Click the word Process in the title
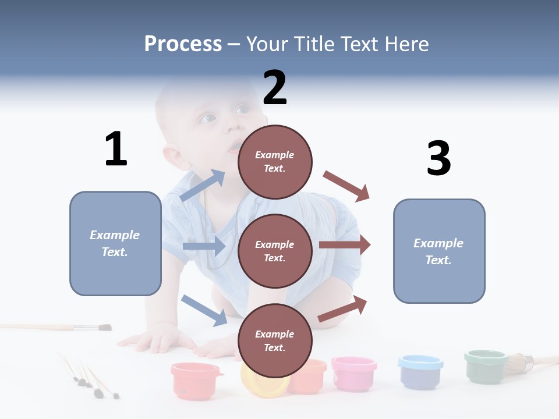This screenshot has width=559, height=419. click(183, 44)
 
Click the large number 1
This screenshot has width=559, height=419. click(116, 149)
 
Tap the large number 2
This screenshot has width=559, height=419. click(275, 87)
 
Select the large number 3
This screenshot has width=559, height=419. click(438, 158)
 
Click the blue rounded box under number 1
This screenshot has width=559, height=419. click(115, 243)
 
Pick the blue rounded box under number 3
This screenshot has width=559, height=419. click(439, 251)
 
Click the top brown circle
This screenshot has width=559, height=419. click(275, 162)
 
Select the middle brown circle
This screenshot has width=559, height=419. click(275, 251)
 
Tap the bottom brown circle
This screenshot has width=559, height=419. click(275, 340)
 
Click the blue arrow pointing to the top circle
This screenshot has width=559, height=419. click(203, 186)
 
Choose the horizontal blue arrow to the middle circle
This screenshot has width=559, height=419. click(204, 246)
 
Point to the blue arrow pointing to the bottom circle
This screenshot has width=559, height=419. click(204, 310)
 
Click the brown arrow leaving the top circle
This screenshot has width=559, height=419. click(347, 186)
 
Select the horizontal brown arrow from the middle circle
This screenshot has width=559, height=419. click(345, 245)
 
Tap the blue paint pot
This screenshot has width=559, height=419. click(420, 371)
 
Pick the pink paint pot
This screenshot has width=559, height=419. click(354, 373)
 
